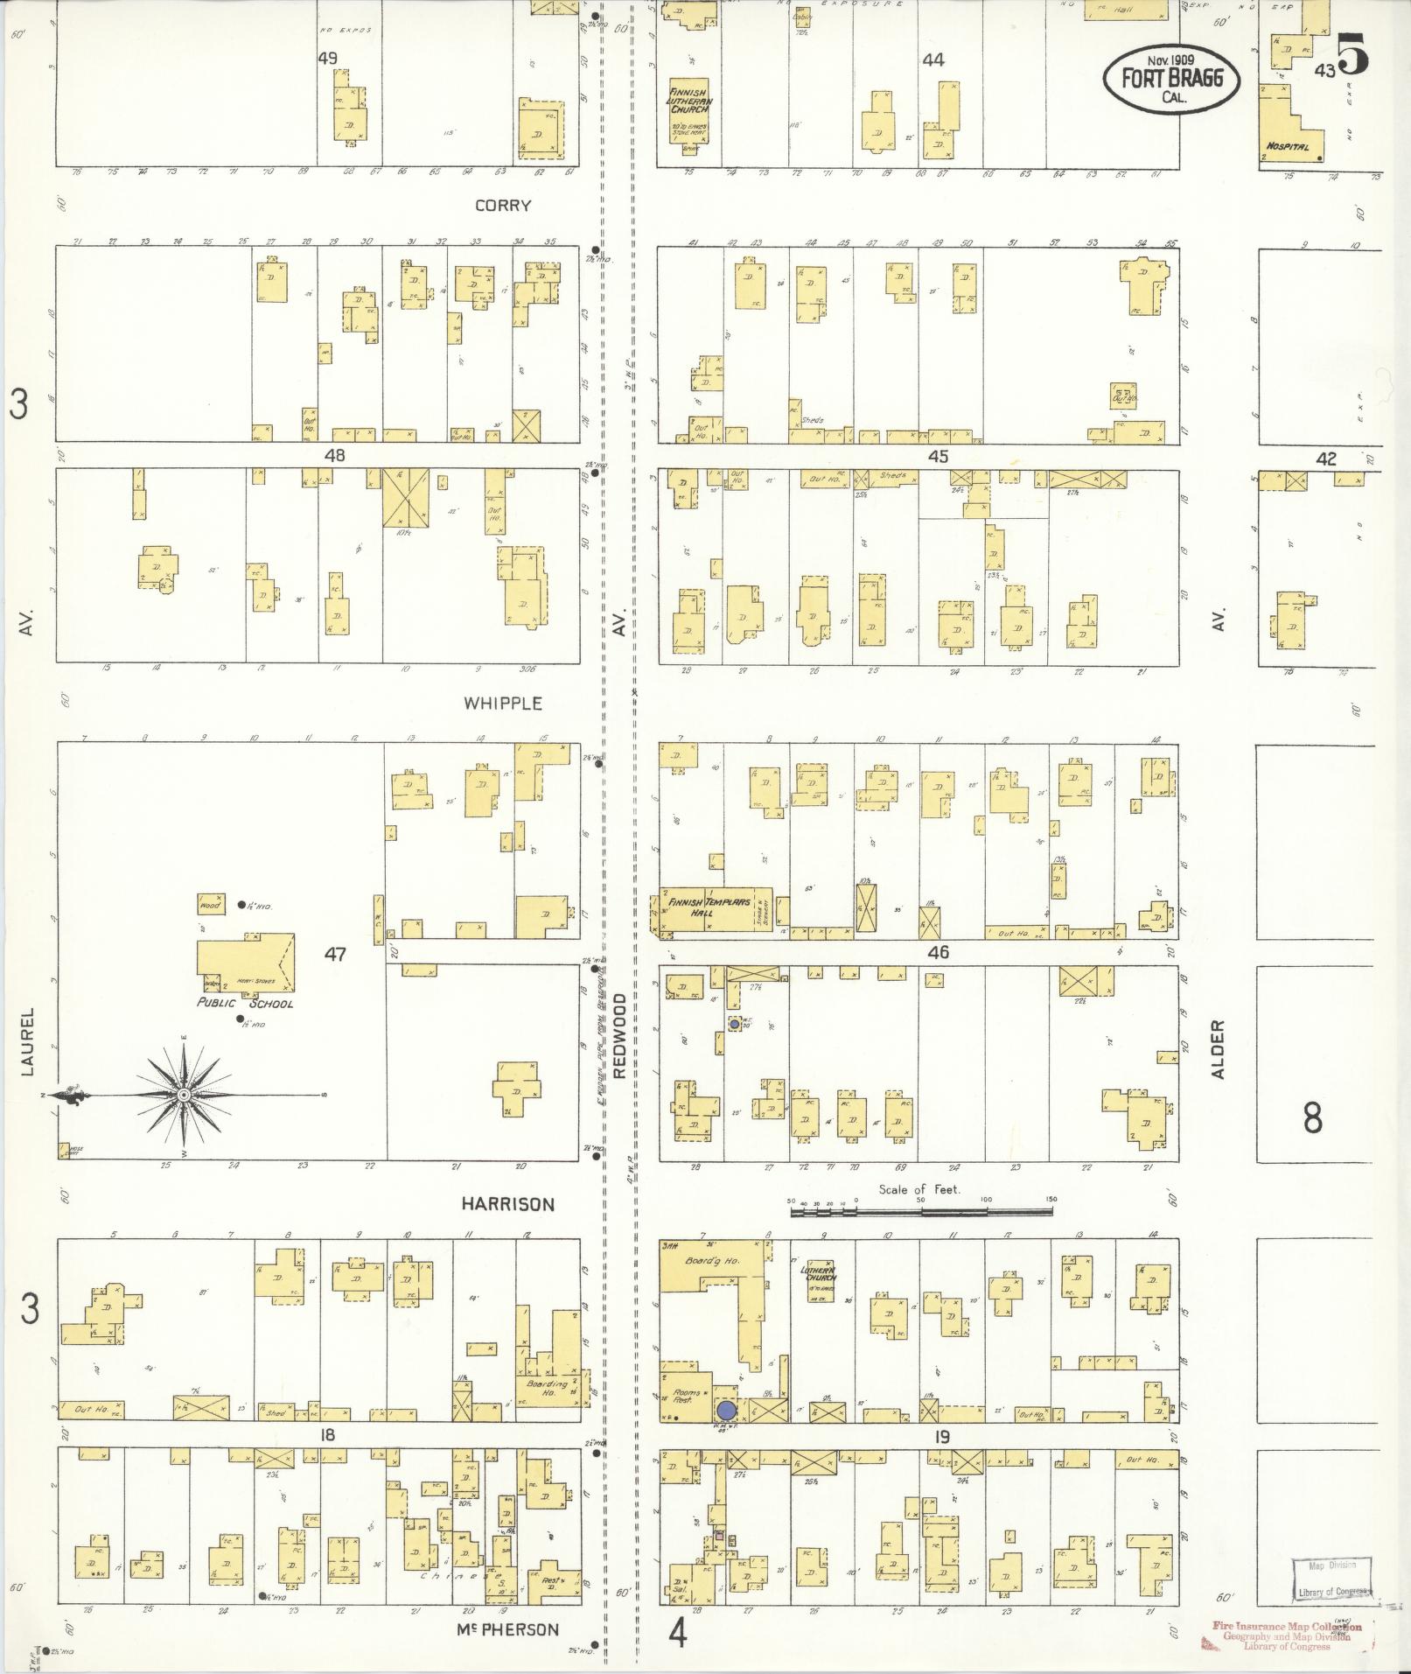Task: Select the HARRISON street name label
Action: pyautogui.click(x=507, y=1205)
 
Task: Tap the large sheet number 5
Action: pyautogui.click(x=1352, y=56)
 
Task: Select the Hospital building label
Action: pyautogui.click(x=1287, y=146)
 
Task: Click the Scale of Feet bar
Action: pyautogui.click(x=921, y=1213)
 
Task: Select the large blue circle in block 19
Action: pyautogui.click(x=726, y=1411)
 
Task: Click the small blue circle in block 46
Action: pyautogui.click(x=734, y=1024)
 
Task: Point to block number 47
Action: pyautogui.click(x=335, y=955)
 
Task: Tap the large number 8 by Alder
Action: pyautogui.click(x=1312, y=1119)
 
